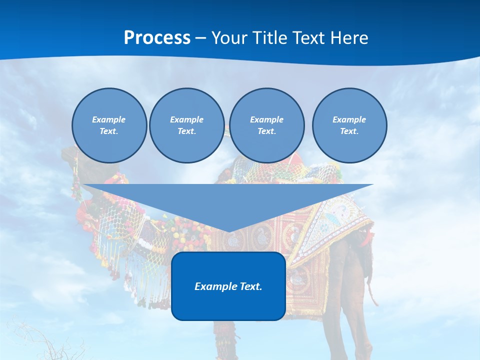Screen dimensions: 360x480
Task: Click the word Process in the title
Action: [x=157, y=38]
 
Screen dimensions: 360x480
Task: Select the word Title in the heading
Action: [x=271, y=38]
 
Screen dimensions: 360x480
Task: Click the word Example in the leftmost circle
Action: [x=109, y=119]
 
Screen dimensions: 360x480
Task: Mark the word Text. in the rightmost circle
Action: [x=349, y=131]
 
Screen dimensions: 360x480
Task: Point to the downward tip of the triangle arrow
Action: [x=228, y=231]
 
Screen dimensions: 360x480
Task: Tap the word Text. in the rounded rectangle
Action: [x=251, y=286]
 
